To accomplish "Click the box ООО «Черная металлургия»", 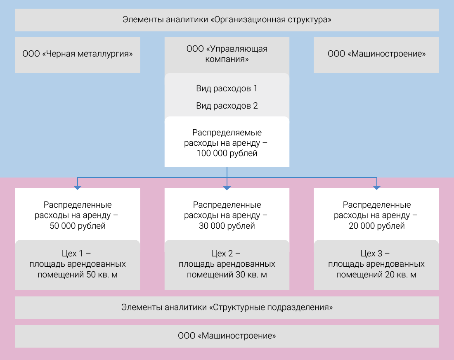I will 78,54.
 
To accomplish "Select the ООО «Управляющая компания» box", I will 227,54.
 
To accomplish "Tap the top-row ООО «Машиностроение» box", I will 376,54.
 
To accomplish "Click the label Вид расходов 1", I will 227,88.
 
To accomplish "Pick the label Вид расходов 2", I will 227,106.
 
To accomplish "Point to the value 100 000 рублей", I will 227,154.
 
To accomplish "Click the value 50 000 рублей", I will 78,226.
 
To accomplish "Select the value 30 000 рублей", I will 227,226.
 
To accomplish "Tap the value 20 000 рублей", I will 376,226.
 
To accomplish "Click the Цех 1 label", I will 78,253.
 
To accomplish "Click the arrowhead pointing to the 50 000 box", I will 78,188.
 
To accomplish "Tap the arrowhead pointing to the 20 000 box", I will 376,188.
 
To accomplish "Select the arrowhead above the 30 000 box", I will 227,188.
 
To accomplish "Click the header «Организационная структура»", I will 227,19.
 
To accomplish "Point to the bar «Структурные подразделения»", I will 227,308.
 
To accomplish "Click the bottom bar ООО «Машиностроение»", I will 227,336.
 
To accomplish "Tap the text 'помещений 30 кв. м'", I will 227,275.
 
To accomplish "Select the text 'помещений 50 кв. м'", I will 78,275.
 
